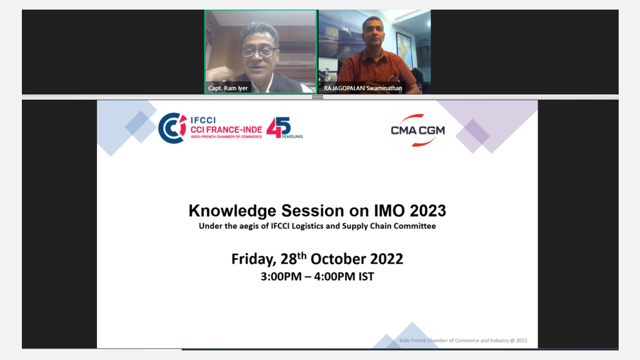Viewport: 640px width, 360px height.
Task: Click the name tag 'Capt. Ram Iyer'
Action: [228, 88]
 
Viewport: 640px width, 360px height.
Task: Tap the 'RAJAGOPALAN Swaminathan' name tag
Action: [363, 88]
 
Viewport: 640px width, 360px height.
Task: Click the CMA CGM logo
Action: [418, 130]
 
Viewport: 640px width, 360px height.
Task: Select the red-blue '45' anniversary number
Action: [278, 127]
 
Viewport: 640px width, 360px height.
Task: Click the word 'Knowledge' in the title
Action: [233, 211]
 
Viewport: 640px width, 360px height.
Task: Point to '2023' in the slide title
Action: [428, 211]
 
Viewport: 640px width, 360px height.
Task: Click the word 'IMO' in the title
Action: [390, 211]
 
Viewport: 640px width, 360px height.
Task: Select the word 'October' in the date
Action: [338, 259]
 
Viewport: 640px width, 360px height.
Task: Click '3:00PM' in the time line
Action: [281, 277]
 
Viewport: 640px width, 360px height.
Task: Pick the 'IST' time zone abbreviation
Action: [366, 277]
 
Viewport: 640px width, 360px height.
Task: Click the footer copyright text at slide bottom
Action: [463, 340]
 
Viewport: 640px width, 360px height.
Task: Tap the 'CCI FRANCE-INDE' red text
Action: [226, 130]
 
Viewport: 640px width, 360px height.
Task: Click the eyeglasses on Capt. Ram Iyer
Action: [258, 52]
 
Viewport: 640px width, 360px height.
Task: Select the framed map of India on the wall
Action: [404, 51]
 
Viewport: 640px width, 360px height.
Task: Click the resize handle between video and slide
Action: [317, 97]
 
